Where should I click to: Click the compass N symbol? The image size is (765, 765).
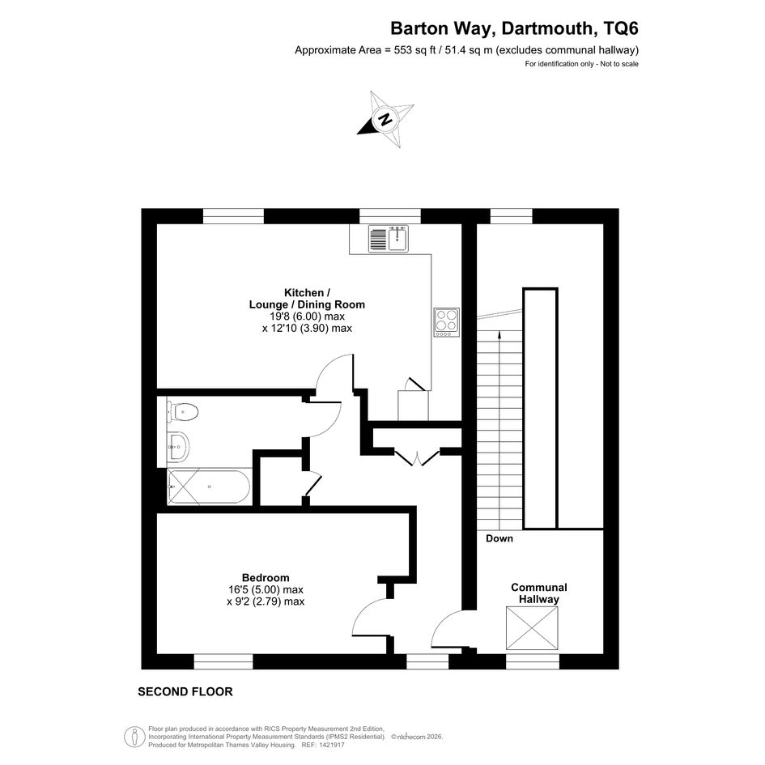(386, 119)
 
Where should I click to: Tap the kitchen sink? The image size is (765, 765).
(389, 239)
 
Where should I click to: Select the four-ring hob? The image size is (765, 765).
(446, 322)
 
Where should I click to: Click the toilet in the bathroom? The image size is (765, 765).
(182, 412)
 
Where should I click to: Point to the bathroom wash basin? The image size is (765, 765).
(178, 446)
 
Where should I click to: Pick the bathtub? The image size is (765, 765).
(209, 487)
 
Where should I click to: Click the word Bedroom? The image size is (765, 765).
(266, 578)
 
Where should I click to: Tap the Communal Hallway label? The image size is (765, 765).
(538, 593)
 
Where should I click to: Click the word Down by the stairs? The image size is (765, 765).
(499, 538)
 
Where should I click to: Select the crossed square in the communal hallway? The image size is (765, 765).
(532, 628)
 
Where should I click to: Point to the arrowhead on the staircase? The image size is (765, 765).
(499, 334)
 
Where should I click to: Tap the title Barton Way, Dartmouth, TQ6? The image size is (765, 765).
(514, 28)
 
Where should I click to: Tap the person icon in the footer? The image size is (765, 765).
(134, 736)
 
